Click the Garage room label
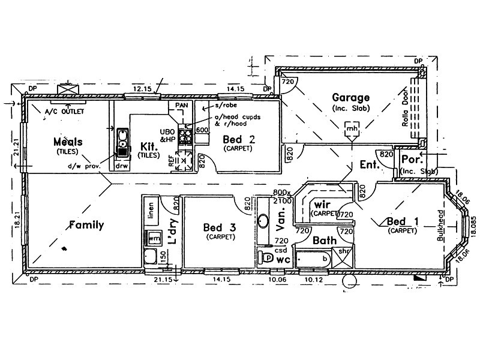click(351, 98)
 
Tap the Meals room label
click(67, 142)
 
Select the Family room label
click(86, 226)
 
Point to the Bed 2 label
click(239, 140)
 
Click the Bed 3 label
click(219, 227)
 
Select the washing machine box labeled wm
click(154, 238)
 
